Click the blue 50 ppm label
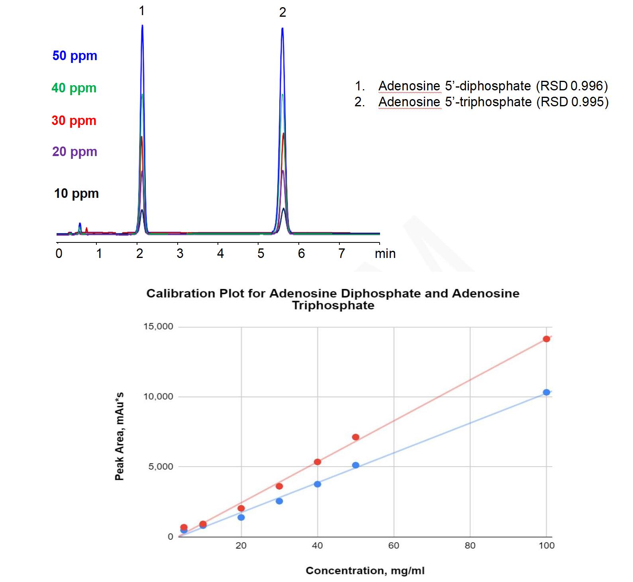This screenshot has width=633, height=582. tap(75, 56)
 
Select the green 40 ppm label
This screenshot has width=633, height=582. tap(74, 88)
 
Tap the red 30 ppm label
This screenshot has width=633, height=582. tap(74, 121)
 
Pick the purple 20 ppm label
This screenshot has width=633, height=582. tap(75, 152)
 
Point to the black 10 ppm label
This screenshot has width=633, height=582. tap(76, 193)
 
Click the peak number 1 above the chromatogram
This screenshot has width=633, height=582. tap(142, 11)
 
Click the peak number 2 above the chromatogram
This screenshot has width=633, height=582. tap(282, 13)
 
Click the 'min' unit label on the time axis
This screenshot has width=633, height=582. tap(385, 254)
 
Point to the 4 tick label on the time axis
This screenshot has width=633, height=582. tap(220, 254)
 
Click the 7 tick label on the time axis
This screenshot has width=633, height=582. tap(341, 254)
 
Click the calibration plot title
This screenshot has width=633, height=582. tap(333, 299)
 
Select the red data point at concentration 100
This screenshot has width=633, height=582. tap(546, 339)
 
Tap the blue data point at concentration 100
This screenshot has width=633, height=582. tap(546, 392)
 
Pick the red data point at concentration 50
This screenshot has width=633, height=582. tap(355, 437)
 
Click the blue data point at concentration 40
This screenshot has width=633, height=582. tap(317, 484)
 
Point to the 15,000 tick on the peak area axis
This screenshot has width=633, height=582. tap(158, 326)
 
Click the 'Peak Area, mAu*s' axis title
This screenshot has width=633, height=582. tap(120, 436)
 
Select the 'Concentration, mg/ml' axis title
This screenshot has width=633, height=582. tap(365, 571)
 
